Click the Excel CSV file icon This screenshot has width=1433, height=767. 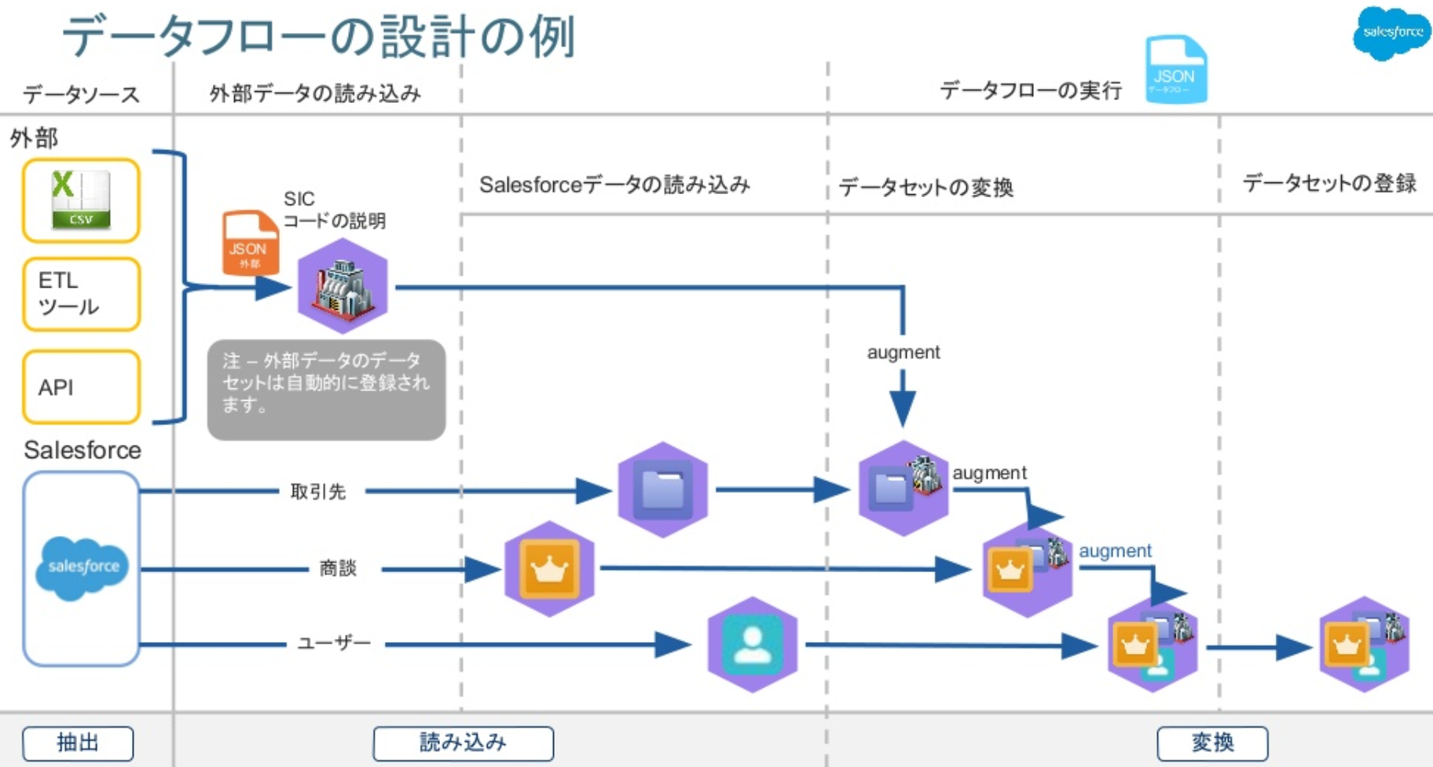81,200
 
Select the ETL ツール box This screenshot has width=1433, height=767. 81,294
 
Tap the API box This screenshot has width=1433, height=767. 81,387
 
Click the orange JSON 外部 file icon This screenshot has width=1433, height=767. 250,243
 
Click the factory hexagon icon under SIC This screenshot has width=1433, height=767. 343,286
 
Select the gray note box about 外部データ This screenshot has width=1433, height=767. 326,389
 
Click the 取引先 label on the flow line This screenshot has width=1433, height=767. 318,491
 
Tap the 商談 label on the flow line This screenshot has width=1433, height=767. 338,568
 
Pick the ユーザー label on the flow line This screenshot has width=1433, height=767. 334,644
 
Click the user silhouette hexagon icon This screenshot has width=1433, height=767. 752,644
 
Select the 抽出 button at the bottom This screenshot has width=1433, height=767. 78,743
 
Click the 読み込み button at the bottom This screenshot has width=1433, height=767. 463,743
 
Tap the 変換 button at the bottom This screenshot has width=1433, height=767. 1212,743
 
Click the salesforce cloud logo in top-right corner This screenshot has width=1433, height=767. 1391,32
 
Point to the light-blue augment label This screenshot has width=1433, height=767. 1115,551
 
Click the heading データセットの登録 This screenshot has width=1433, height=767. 1329,183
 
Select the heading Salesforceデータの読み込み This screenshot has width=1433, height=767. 614,185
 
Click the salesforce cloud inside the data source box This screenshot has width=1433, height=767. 82,567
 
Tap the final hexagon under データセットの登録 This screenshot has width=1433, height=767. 1365,644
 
